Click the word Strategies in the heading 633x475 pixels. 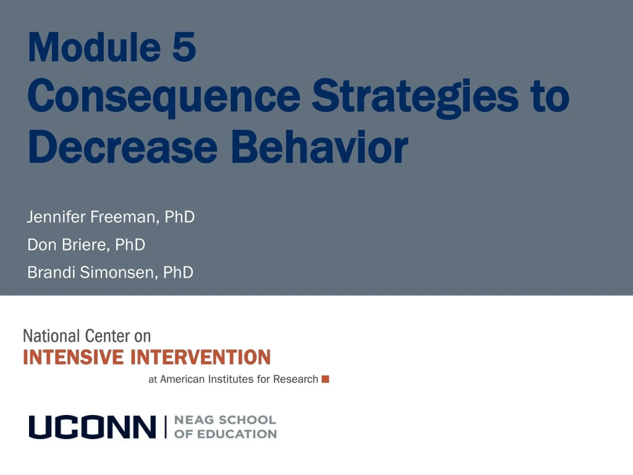[415, 97]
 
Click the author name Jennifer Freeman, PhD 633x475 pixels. [111, 217]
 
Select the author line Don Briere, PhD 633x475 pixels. [87, 245]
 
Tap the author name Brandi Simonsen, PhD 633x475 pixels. [111, 272]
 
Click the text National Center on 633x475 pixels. [87, 336]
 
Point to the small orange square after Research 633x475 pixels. [326, 379]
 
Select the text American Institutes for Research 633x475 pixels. [239, 379]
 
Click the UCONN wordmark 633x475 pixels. [93, 427]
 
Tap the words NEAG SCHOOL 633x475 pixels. [225, 420]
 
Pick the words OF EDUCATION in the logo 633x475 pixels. [225, 434]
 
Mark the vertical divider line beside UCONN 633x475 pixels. [165, 427]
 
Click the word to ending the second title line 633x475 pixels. [548, 97]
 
